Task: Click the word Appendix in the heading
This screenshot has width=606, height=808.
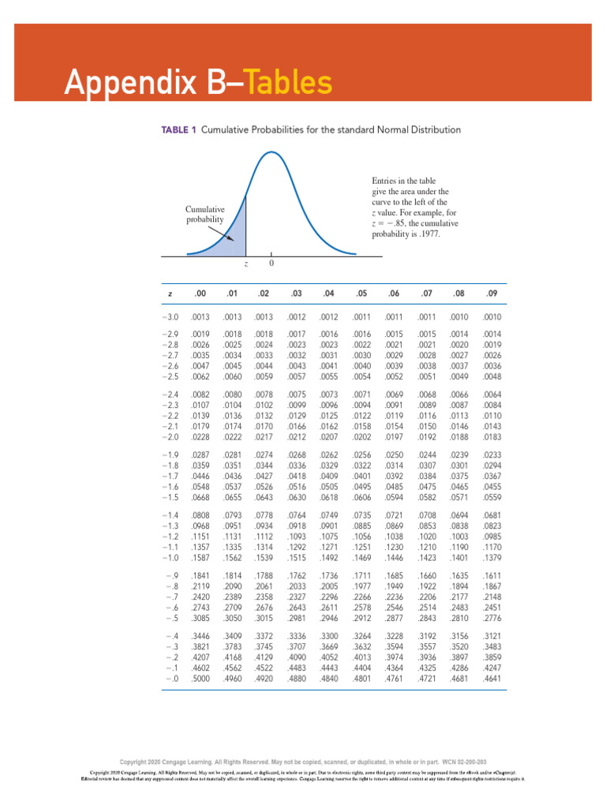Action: click(x=129, y=83)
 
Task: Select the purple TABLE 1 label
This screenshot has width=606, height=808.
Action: click(x=167, y=129)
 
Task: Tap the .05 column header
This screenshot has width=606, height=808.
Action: click(x=361, y=294)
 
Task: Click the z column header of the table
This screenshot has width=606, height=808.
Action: click(x=170, y=294)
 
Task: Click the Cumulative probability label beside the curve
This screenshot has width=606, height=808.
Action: click(x=204, y=214)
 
